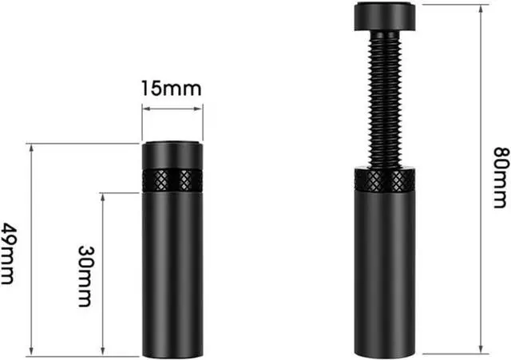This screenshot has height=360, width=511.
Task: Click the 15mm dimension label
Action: (x=172, y=89)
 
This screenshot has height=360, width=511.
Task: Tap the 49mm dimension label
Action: (x=8, y=254)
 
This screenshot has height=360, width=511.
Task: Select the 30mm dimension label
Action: (x=85, y=276)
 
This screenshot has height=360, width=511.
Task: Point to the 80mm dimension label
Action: (x=501, y=177)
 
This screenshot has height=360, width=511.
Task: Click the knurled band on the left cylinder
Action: (x=172, y=180)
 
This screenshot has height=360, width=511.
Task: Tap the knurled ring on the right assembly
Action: (x=385, y=180)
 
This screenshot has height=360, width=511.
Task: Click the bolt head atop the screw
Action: (x=385, y=16)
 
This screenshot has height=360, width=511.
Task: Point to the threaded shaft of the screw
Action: (x=385, y=100)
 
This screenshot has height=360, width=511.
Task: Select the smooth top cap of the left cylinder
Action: (x=172, y=156)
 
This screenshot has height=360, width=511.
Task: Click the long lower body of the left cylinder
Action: (x=172, y=275)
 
